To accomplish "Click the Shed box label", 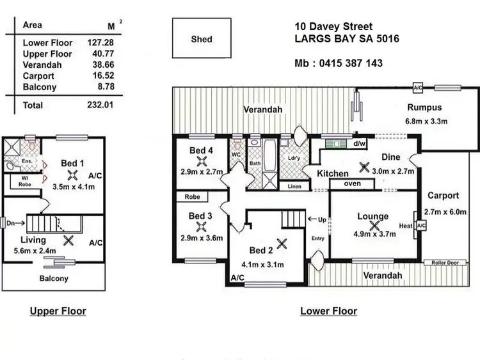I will [202, 39].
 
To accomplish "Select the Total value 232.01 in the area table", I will [100, 105].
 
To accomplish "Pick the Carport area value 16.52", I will [100, 75].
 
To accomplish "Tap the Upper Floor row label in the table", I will [47, 54].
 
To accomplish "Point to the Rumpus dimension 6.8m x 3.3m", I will [424, 121].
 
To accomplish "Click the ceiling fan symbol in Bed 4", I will [201, 162].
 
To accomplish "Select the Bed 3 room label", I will [200, 216].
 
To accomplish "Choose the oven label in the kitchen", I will [353, 184].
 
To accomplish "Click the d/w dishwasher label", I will [359, 143].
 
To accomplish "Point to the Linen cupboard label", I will [294, 186].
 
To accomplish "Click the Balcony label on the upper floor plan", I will [53, 278].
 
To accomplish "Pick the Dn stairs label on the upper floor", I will [7, 223].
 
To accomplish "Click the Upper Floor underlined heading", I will [58, 311].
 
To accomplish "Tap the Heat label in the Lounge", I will [405, 226].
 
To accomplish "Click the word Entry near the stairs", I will [318, 239].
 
